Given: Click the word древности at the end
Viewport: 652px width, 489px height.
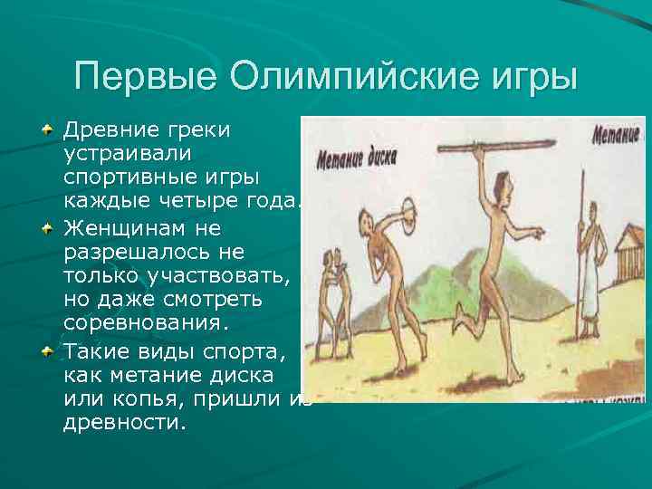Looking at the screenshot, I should (x=124, y=421).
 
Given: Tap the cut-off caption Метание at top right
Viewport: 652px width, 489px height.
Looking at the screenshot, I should (x=616, y=136).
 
